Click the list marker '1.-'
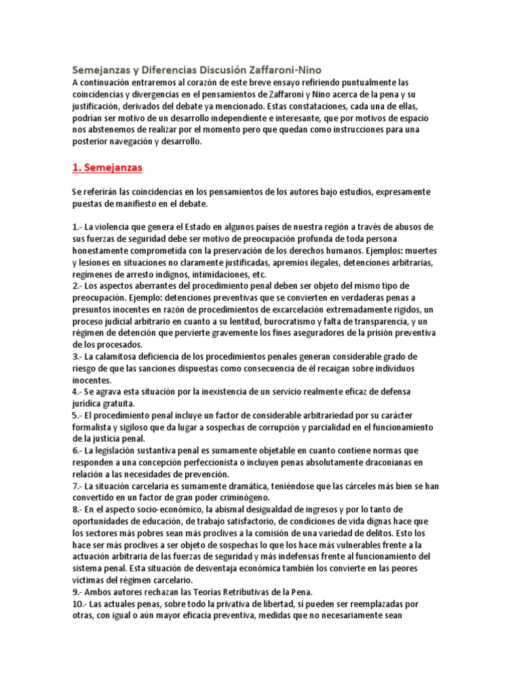pos(78,226)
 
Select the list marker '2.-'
pos(78,287)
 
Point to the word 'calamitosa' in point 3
pos(119,356)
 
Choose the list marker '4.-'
pos(78,392)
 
